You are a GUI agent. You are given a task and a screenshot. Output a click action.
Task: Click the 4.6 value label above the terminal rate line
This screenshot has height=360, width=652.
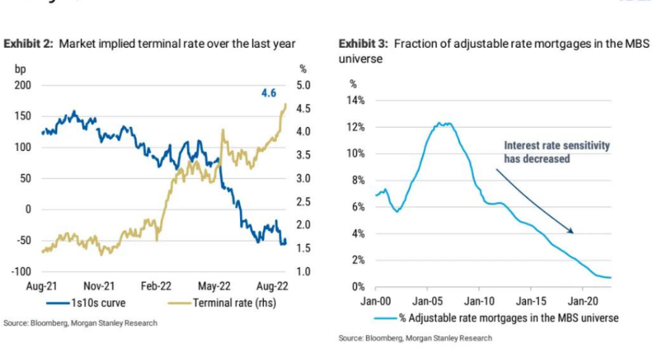271,94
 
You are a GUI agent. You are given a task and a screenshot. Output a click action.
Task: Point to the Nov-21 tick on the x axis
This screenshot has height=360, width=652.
99,287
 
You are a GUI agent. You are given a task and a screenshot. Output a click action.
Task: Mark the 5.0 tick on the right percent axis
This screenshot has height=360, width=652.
302,85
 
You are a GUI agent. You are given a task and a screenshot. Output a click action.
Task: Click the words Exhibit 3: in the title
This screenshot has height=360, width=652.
364,44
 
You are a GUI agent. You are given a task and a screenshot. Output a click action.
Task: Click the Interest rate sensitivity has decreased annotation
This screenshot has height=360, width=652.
556,152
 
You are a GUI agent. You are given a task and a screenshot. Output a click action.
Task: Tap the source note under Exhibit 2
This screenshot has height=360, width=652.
80,323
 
